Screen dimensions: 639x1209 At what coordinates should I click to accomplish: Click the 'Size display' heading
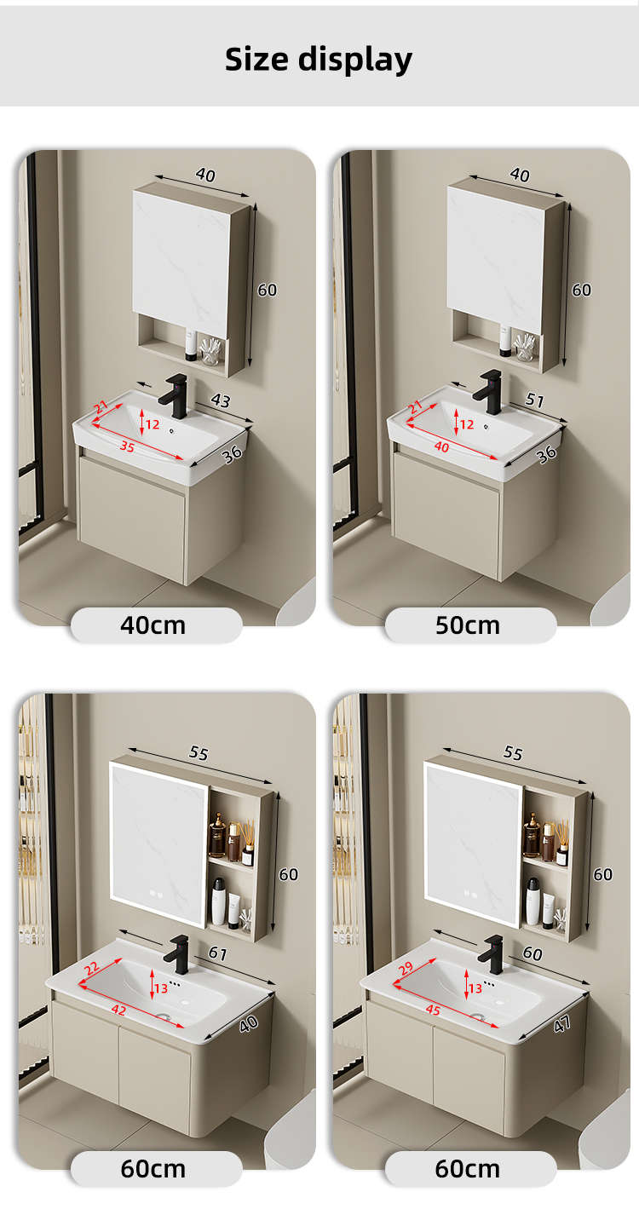click(x=319, y=60)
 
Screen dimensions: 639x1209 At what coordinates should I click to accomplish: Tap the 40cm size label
click(x=153, y=625)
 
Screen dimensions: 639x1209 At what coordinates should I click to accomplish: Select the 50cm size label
click(x=468, y=625)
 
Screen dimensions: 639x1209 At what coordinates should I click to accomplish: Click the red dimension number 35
click(x=127, y=446)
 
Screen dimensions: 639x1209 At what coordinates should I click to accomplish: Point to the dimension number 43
click(x=221, y=400)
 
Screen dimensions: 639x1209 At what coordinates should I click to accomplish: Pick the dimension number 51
click(x=535, y=400)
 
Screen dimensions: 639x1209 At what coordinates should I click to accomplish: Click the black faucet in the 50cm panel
click(x=488, y=392)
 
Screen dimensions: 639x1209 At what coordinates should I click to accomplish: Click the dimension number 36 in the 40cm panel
click(x=232, y=454)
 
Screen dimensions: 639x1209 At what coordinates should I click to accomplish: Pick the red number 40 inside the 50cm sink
click(x=441, y=446)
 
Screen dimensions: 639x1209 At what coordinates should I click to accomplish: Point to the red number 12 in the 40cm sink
click(x=153, y=424)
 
